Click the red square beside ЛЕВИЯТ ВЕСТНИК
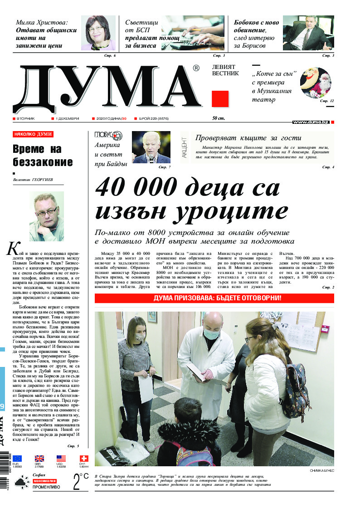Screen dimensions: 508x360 220,98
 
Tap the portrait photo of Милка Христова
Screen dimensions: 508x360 98,33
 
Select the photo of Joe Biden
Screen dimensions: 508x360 151,147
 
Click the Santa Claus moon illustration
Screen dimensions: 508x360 316,83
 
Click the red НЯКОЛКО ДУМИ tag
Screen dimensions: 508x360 34,134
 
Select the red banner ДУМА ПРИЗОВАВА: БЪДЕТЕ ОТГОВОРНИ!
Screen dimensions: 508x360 214,298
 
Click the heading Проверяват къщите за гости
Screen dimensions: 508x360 248,138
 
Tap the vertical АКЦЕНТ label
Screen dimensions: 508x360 184,147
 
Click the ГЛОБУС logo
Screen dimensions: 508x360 108,135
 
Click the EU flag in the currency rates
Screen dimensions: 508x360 17,458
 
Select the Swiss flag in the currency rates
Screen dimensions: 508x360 84,458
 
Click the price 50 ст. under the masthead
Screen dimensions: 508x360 219,119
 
